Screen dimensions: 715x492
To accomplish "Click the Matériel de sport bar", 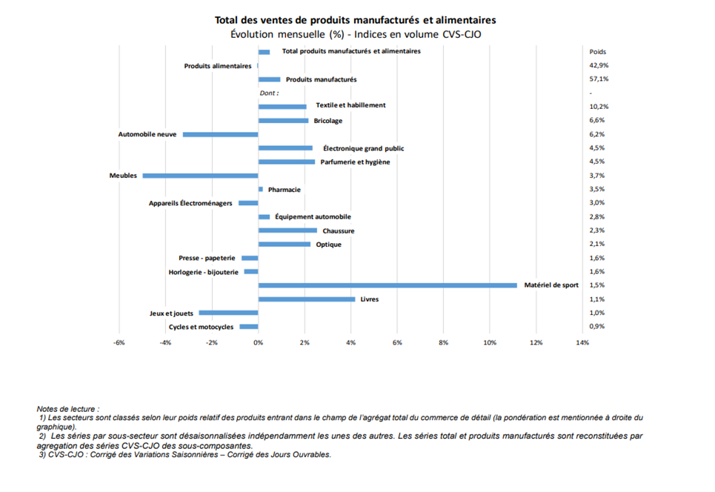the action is pos(388,285).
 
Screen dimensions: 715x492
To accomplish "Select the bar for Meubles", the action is pos(200,176).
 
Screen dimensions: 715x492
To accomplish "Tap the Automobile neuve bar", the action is pos(221,135).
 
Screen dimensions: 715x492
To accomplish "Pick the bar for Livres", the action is pos(307,299).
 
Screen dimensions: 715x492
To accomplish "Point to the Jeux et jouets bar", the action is pos(228,313).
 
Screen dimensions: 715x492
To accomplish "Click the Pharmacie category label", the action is pos(284,190).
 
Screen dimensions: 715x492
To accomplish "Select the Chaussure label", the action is pos(339,230).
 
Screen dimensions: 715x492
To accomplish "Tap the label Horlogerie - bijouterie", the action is pos(203,272).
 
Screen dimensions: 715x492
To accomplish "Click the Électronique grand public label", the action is pos(364,148).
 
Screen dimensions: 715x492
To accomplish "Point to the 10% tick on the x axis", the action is pos(490,342).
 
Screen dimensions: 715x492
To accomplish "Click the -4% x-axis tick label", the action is pos(165,342).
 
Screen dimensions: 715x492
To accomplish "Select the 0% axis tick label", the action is pos(258,342).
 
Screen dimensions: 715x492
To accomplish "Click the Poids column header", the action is pos(597,52).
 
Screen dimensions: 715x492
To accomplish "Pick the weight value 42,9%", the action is pos(599,65).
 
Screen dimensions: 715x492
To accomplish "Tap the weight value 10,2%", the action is pos(599,106).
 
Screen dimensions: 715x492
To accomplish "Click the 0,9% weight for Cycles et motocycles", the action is pos(597,327).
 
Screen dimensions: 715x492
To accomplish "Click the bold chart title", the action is pos(355,20).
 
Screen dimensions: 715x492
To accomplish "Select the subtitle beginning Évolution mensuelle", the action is pos(356,34).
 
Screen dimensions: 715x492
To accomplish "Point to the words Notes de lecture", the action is pos(68,409).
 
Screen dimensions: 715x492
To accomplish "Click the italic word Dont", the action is pos(267,93).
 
